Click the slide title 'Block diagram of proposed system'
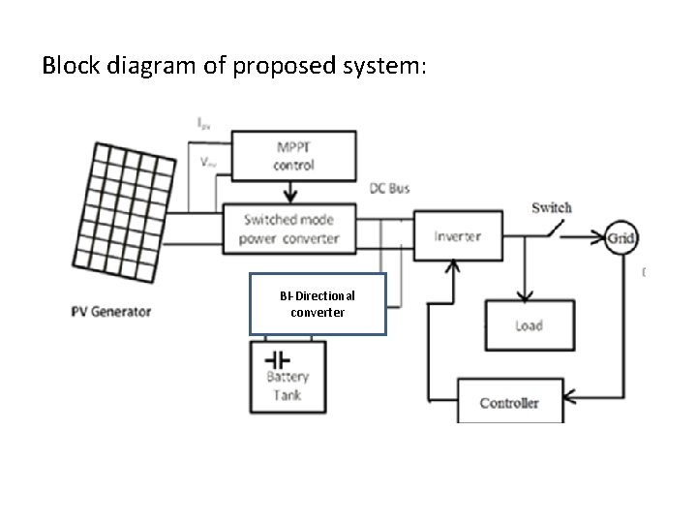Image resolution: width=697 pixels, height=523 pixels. tap(233, 67)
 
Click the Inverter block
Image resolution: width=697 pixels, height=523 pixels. tap(458, 235)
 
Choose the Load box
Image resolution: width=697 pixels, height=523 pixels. tap(528, 324)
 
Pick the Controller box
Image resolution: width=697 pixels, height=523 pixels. tap(509, 401)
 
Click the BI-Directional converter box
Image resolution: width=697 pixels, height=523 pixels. tap(318, 303)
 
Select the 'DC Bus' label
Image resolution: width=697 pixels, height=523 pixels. tap(391, 188)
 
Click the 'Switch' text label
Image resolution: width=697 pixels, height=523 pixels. tap(551, 207)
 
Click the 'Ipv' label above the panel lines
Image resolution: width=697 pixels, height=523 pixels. tap(205, 123)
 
